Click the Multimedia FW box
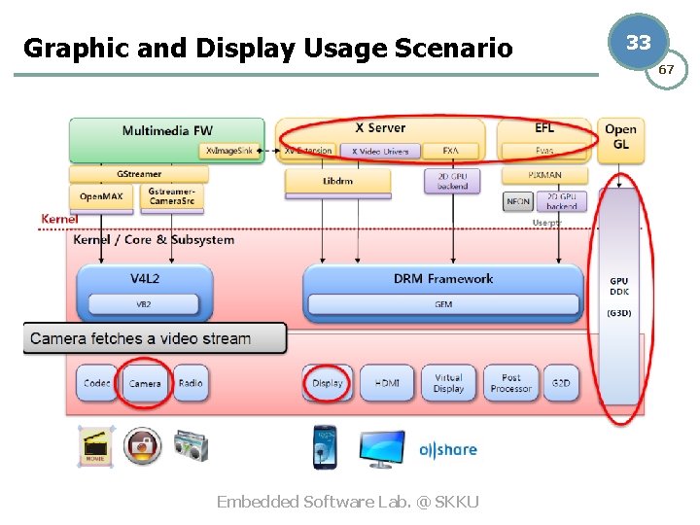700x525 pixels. click(x=166, y=130)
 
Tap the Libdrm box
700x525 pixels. click(x=336, y=181)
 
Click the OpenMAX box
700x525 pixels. click(x=100, y=197)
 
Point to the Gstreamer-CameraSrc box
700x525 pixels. click(x=172, y=197)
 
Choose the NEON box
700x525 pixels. click(x=517, y=202)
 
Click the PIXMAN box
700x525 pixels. click(x=544, y=176)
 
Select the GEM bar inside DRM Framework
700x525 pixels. click(x=442, y=305)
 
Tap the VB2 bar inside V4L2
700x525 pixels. click(x=144, y=305)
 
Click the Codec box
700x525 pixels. click(x=96, y=383)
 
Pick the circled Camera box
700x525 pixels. click(x=145, y=383)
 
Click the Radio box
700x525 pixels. click(x=191, y=383)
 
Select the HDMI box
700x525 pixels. click(x=386, y=383)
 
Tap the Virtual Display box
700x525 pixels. click(x=448, y=383)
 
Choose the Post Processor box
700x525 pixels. click(x=511, y=383)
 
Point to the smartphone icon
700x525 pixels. click(x=325, y=446)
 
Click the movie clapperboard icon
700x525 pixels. click(x=96, y=446)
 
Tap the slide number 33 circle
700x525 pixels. click(x=639, y=43)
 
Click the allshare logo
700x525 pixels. click(x=447, y=450)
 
